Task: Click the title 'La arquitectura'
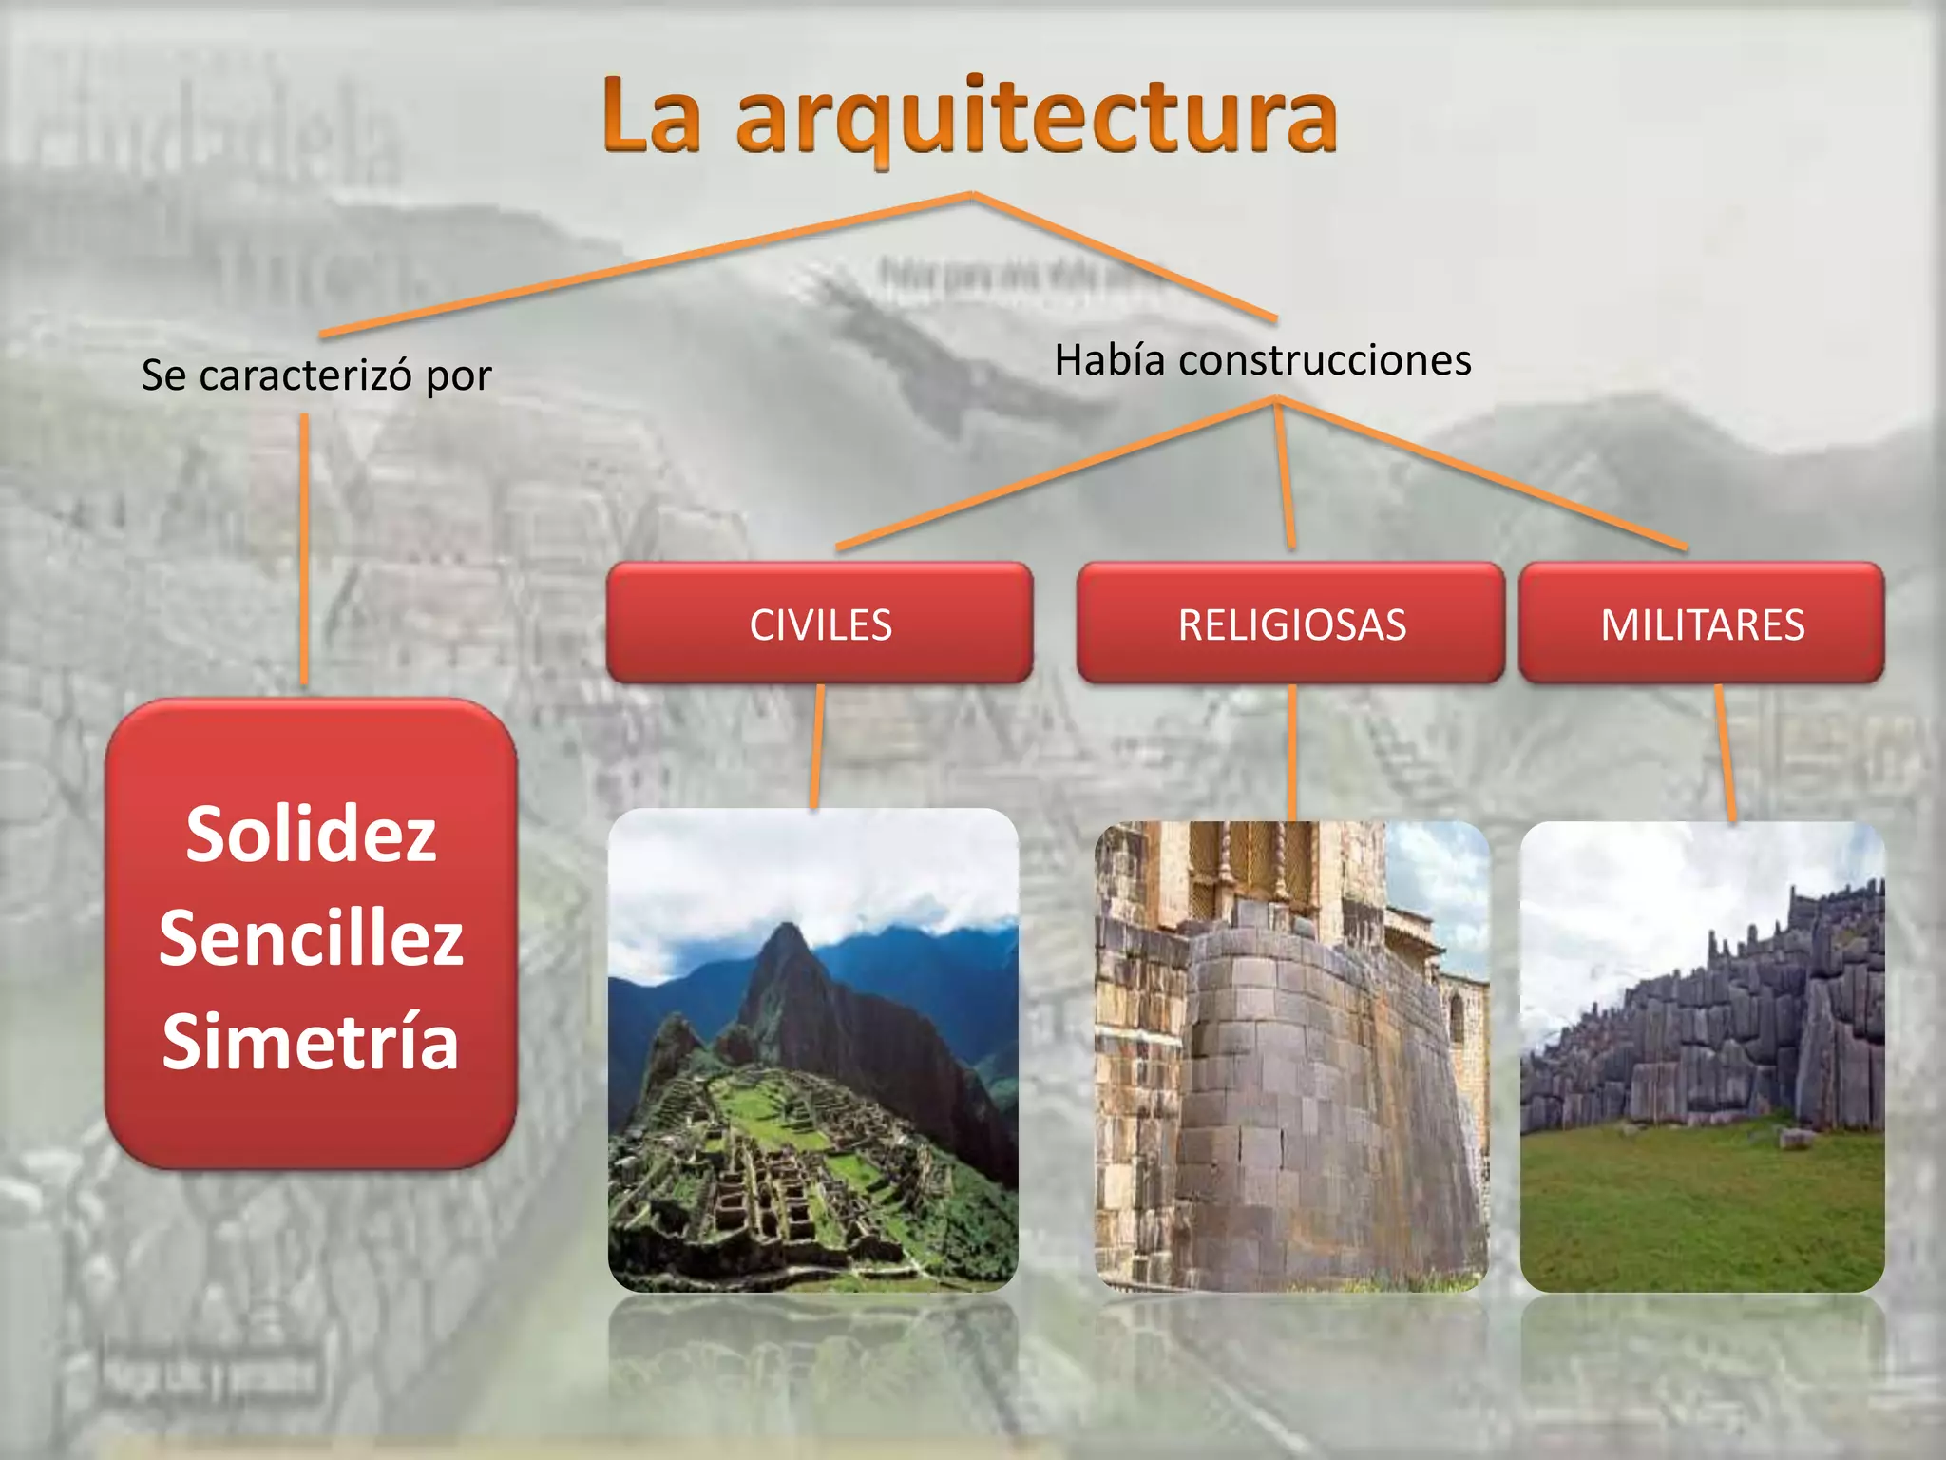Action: point(969,116)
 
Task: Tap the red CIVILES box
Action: point(820,624)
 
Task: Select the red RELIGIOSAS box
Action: point(1291,624)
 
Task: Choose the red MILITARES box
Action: point(1702,624)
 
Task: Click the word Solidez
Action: point(311,835)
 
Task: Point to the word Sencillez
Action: point(311,938)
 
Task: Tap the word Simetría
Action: point(311,1041)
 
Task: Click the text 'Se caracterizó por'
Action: point(316,375)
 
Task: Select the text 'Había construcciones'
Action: point(1263,360)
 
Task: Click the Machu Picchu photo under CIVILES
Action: point(813,1050)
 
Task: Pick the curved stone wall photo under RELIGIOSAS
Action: point(1291,1055)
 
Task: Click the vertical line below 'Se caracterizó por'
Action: point(304,551)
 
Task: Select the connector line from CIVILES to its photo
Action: point(817,746)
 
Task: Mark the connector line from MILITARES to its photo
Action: point(1725,751)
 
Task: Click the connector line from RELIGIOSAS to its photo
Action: point(1292,751)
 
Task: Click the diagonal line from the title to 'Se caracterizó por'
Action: point(646,264)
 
